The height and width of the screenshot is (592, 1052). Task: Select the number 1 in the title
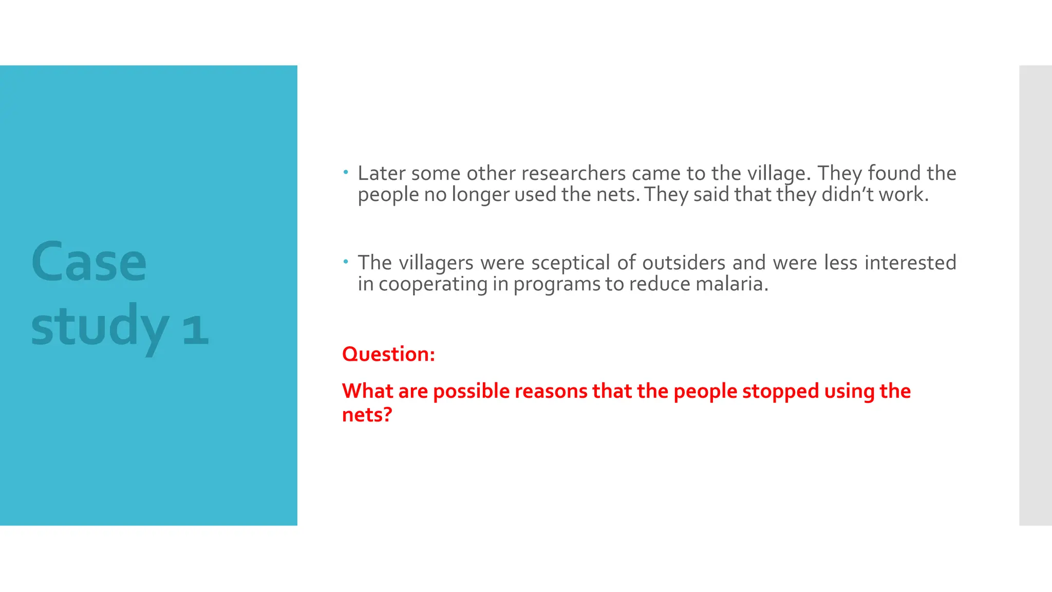click(195, 329)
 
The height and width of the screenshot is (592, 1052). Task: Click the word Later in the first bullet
click(380, 173)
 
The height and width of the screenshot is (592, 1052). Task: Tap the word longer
click(480, 195)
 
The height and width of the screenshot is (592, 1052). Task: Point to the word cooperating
click(433, 285)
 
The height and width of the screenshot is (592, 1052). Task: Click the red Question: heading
click(388, 354)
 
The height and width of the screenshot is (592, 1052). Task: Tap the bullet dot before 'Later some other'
click(346, 172)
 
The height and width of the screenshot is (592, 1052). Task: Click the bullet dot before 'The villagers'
click(346, 262)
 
